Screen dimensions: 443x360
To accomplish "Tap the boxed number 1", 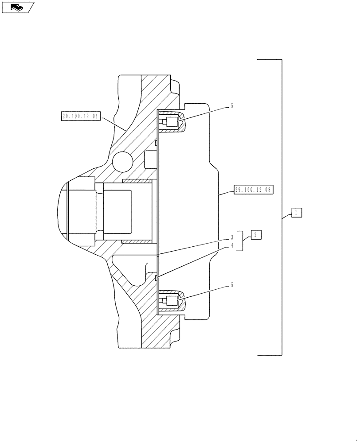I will tap(296, 213).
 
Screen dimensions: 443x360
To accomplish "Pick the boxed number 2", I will tap(256, 235).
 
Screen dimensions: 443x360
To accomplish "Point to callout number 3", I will tap(231, 238).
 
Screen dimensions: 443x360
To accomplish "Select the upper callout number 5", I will tap(231, 106).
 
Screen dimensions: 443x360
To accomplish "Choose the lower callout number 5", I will tap(231, 286).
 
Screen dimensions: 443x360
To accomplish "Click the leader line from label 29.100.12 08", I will tap(227, 192).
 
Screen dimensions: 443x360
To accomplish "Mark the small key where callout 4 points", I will tap(157, 278).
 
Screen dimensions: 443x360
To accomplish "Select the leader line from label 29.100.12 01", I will tap(113, 122).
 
